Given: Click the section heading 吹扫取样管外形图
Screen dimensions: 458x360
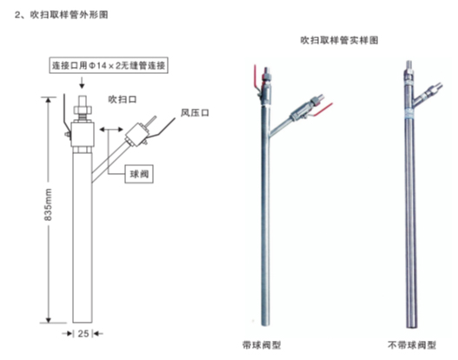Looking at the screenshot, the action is [x=69, y=15].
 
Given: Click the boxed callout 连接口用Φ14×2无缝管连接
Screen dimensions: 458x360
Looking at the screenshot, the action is [x=109, y=65].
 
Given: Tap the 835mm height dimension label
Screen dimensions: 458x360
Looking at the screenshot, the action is [x=48, y=204].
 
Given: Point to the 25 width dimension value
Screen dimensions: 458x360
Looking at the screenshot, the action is [x=83, y=333].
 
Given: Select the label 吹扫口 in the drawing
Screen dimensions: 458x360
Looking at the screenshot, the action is [x=123, y=99].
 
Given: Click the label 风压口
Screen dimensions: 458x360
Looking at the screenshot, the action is [x=195, y=113].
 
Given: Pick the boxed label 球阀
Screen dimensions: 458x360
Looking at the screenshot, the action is [x=139, y=174].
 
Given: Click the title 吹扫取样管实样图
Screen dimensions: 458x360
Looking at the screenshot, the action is [x=339, y=40].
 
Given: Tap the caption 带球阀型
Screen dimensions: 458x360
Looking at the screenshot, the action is [x=262, y=345].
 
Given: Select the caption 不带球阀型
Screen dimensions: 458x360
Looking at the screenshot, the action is [x=412, y=345].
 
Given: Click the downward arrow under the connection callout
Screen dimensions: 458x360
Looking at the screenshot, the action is [x=82, y=83].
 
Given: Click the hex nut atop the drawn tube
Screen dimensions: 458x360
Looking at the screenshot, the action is [x=83, y=110].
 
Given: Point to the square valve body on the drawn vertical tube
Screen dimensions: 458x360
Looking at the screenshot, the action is [x=83, y=135].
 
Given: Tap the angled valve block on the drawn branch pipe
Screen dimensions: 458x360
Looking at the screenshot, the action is [x=136, y=135].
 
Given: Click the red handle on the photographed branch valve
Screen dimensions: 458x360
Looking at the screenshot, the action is [x=323, y=110].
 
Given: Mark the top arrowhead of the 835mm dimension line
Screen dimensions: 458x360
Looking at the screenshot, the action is [x=49, y=99].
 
